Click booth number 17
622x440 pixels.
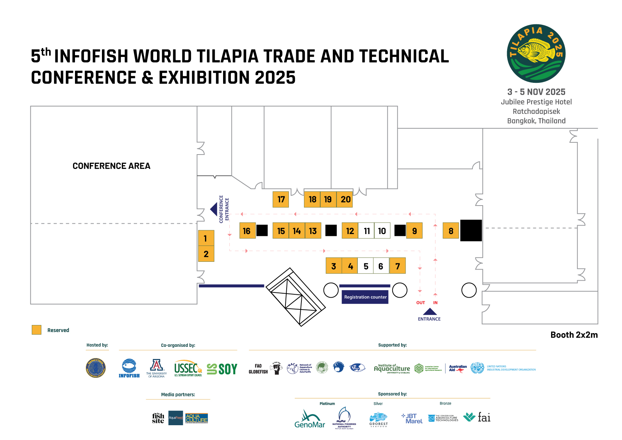coord(281,199)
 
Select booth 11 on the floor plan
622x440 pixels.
coord(366,231)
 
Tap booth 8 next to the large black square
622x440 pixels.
coord(451,231)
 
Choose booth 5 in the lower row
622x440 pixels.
coord(366,266)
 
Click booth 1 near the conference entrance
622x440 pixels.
coord(206,238)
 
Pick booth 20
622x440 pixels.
coord(345,199)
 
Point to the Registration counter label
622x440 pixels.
coord(365,297)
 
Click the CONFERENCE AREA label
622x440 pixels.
coord(112,166)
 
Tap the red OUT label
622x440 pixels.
coord(421,302)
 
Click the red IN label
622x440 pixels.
coord(435,302)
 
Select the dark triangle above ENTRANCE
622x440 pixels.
coord(430,312)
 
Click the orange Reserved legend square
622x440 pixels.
coord(37,330)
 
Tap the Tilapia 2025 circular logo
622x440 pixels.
coord(536,54)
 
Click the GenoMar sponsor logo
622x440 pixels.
coord(310,419)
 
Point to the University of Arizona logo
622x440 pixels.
coord(157,369)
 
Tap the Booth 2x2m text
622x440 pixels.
coord(574,335)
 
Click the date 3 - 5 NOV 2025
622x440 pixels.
coord(536,92)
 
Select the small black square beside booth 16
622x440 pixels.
coord(262,230)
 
